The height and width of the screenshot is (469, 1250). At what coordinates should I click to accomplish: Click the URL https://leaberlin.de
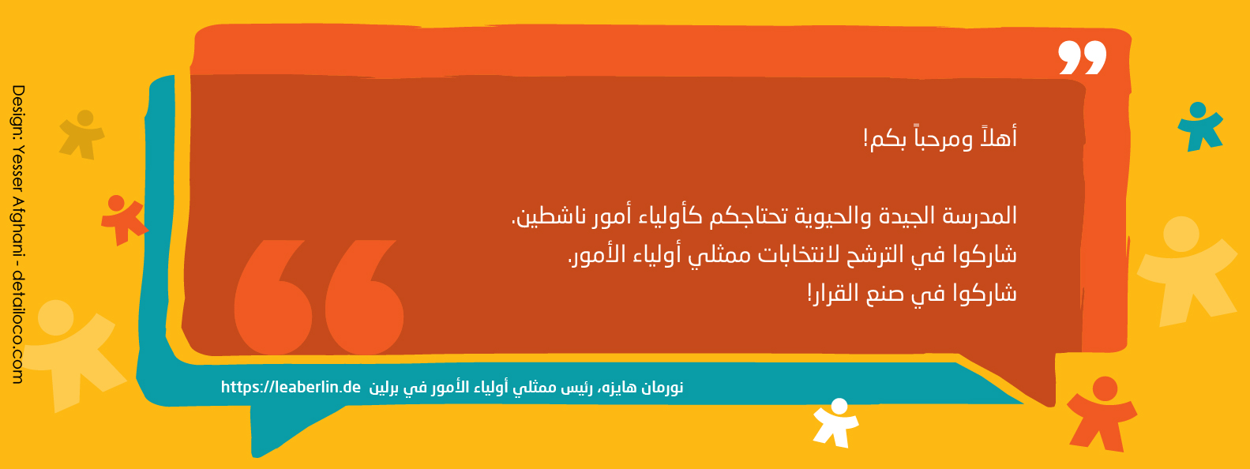[291, 387]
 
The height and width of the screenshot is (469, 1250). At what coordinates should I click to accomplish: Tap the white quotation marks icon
[1083, 57]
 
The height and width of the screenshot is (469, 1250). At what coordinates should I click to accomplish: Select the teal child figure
[1200, 126]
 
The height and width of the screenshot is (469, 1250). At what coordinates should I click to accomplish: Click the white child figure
[835, 422]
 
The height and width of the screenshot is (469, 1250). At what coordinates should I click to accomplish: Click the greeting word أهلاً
[997, 137]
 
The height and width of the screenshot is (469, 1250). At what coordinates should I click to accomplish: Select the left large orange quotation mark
[272, 297]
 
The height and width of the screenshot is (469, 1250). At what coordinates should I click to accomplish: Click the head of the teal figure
[1198, 110]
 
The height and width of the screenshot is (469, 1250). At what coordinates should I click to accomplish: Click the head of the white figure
[839, 406]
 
